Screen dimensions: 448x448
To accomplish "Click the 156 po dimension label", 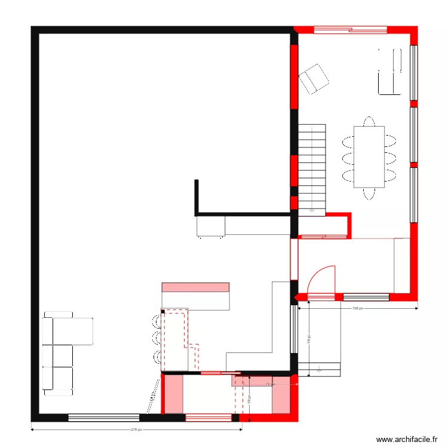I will coord(357,309).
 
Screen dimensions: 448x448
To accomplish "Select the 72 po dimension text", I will coord(269,384).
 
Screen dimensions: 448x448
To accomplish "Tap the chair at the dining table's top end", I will coord(369,121).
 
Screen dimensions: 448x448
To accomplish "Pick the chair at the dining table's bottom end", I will coord(369,194).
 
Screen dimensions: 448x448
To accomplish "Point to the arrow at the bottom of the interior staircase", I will coord(311,210).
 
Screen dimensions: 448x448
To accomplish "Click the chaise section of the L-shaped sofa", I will coord(73,331).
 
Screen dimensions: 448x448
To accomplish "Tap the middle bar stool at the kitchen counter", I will coord(156,339).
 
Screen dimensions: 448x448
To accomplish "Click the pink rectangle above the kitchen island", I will coord(195,287).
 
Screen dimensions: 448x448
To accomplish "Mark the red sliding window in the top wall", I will coord(351,29).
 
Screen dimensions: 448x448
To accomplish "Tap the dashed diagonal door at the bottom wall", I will coord(153,397).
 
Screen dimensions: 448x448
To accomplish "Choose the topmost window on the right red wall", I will coord(413,72).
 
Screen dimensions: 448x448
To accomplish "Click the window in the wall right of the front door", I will coord(366,296).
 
